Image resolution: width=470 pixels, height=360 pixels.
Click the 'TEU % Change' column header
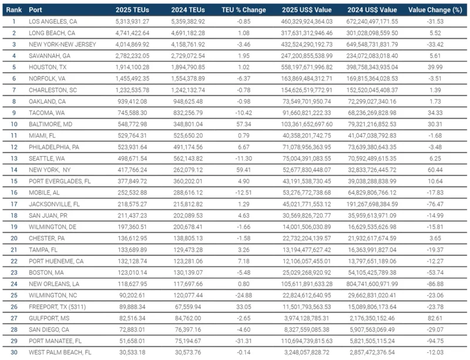tap(241, 9)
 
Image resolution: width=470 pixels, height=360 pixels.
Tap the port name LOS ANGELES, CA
tap(55, 21)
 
